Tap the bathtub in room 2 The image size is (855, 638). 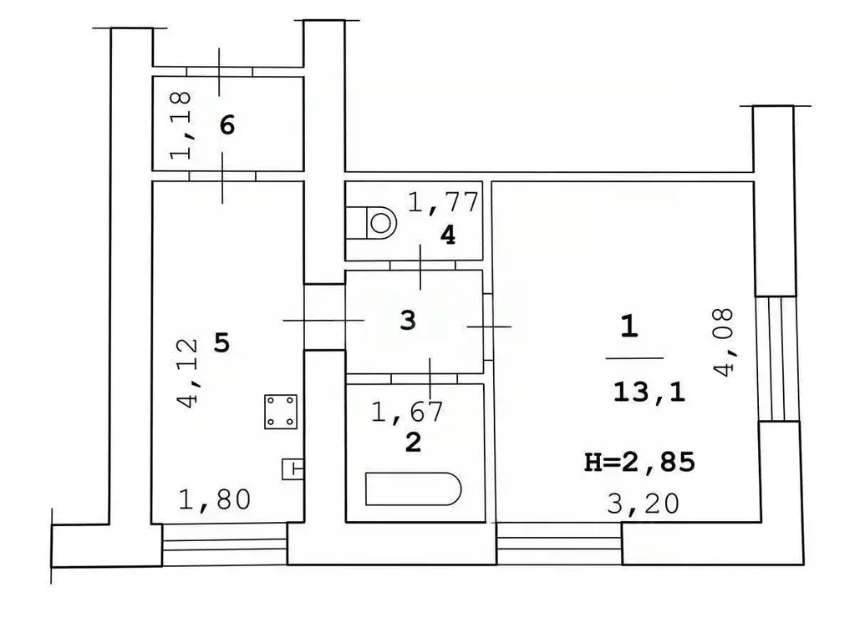(x=414, y=489)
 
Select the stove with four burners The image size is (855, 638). (x=281, y=412)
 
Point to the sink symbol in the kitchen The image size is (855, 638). (x=293, y=469)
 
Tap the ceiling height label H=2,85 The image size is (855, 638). (x=639, y=462)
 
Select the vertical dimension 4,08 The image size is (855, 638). (x=725, y=342)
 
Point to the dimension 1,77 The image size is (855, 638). (x=442, y=202)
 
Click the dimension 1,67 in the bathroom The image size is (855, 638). (x=406, y=410)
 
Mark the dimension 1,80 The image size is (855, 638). (x=214, y=499)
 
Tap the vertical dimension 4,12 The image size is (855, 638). (x=189, y=372)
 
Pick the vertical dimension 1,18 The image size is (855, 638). (x=181, y=124)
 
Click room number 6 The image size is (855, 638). (x=226, y=125)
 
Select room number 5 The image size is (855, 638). (x=221, y=342)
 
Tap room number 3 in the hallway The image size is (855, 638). (x=407, y=321)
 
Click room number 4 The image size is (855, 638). (x=448, y=235)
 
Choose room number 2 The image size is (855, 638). (x=412, y=442)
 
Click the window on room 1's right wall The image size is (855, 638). (x=776, y=358)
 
